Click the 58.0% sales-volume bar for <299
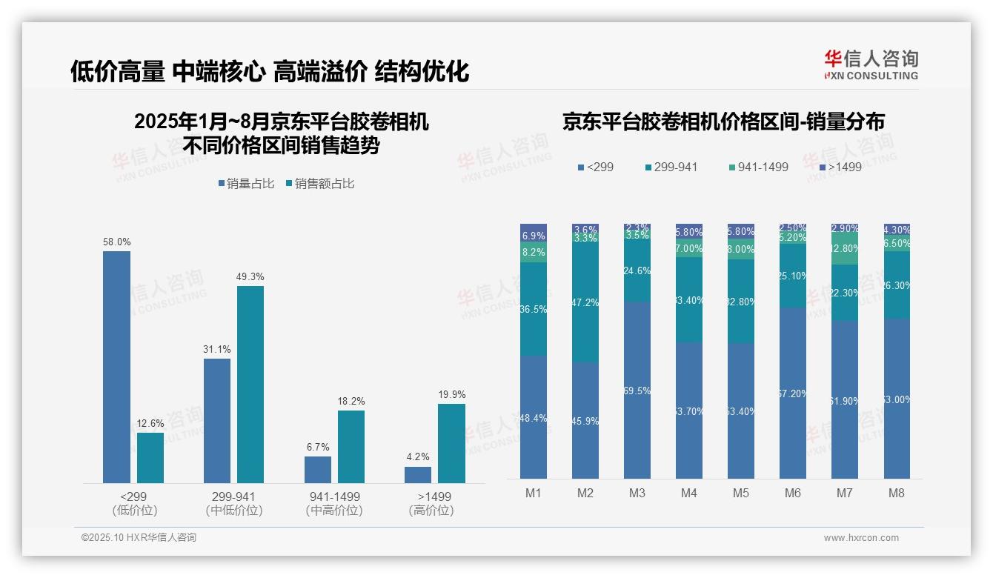(116, 367)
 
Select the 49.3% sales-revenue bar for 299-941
(250, 385)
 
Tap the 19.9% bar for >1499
(451, 443)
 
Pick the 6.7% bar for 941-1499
(318, 470)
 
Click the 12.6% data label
(150, 424)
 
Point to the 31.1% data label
(217, 349)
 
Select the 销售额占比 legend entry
(319, 183)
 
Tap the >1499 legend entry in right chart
(840, 167)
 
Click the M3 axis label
(637, 493)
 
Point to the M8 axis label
(897, 493)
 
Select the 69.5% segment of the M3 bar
(637, 391)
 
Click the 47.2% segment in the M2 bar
(585, 303)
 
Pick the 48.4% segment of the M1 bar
(534, 417)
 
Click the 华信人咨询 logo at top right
(871, 64)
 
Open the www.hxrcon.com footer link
(860, 538)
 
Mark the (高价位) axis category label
(431, 511)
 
